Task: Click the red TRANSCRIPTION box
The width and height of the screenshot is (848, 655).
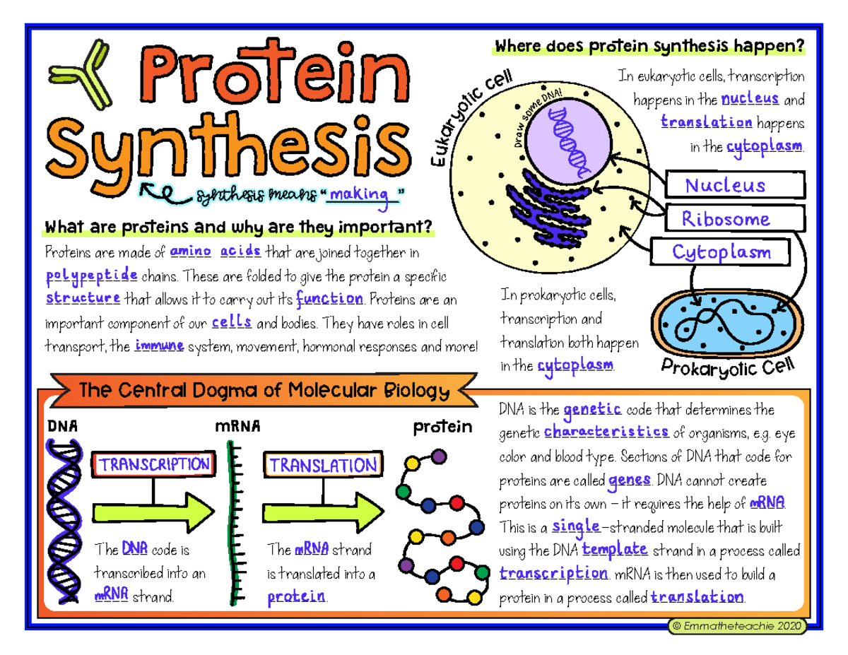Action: [x=155, y=464]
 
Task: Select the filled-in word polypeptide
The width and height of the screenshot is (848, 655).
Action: [x=85, y=275]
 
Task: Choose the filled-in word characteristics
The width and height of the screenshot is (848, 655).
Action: [x=608, y=432]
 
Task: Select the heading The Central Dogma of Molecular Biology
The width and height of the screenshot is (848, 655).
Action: [x=266, y=391]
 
